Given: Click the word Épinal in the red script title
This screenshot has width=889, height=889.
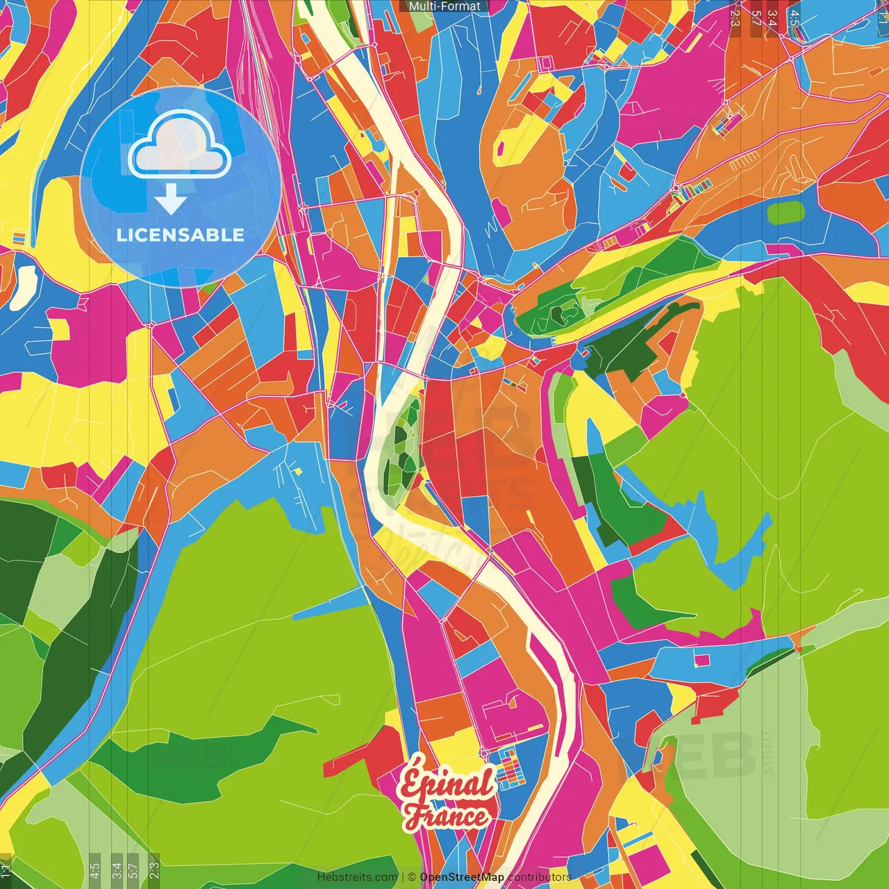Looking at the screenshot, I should (x=446, y=783).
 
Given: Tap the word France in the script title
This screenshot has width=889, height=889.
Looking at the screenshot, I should (x=447, y=816).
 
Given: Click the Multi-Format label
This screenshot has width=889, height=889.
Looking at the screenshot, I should (x=444, y=6).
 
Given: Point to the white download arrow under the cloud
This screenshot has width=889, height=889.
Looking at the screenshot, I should (x=171, y=200).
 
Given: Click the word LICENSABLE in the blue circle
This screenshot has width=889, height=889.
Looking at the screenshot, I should (x=181, y=235).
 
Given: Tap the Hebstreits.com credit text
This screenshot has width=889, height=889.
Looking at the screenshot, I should (x=357, y=877).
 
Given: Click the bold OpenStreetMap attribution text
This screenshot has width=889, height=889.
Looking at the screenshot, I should (x=462, y=877).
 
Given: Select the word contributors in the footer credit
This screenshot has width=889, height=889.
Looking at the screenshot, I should (x=540, y=877).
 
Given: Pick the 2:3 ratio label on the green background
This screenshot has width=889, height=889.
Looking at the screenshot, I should (x=154, y=867).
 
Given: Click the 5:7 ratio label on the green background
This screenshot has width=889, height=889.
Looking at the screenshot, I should (x=133, y=867).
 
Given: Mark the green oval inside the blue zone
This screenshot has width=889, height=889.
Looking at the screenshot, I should (x=786, y=213).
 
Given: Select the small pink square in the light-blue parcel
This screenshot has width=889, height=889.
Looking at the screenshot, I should (x=702, y=660).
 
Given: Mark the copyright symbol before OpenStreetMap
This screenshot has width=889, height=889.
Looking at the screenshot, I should (x=411, y=877).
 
